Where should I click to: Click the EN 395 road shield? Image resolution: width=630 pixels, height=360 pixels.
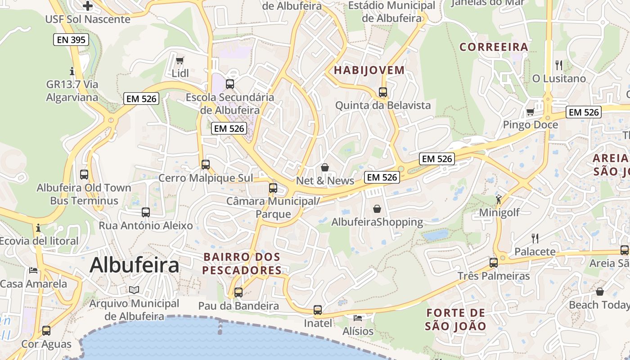click(71, 40)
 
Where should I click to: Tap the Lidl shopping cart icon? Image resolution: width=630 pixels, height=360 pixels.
click(180, 60)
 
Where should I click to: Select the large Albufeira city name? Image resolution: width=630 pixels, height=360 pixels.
click(134, 265)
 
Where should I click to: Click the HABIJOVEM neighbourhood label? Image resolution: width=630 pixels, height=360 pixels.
click(369, 70)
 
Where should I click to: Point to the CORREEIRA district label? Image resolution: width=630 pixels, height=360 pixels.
click(494, 47)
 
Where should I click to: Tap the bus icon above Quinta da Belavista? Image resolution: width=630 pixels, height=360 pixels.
click(383, 92)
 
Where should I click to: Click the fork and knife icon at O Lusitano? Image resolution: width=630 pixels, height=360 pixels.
click(559, 65)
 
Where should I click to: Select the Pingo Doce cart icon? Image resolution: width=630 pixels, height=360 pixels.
click(530, 112)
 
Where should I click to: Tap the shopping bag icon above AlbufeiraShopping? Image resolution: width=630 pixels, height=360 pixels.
click(377, 209)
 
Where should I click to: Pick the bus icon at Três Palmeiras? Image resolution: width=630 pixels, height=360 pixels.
click(494, 262)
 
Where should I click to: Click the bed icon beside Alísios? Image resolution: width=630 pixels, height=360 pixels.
click(358, 318)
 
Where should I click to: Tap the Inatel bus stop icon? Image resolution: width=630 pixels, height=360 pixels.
click(318, 310)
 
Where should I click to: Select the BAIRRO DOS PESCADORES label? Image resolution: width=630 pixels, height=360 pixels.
click(242, 264)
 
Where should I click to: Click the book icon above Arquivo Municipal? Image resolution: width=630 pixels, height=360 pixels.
click(134, 290)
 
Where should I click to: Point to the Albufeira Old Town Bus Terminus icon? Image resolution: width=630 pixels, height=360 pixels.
click(84, 175)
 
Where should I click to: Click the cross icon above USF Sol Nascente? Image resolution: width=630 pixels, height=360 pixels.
click(88, 6)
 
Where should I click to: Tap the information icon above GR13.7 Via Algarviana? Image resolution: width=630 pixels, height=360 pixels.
click(72, 71)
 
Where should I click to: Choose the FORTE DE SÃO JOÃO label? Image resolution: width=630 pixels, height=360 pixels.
click(456, 319)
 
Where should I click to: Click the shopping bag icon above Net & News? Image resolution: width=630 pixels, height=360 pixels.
click(325, 167)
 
